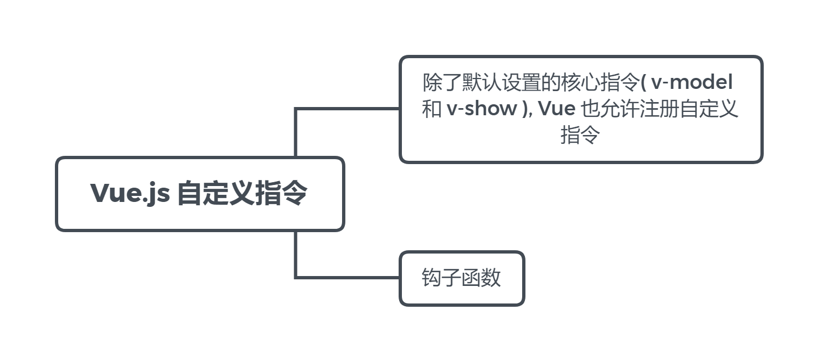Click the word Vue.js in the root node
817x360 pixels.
tap(130, 193)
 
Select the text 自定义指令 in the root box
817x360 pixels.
tap(242, 193)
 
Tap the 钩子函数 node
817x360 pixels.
tap(461, 278)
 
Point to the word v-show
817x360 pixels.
tap(482, 109)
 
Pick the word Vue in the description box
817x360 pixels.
tap(556, 109)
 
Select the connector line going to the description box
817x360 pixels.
tap(346, 109)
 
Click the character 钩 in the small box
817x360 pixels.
tap(432, 278)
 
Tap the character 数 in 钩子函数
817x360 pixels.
tap(491, 278)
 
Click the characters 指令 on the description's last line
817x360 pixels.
tap(580, 135)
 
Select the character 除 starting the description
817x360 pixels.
tap(432, 83)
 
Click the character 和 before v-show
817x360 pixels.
tap(432, 109)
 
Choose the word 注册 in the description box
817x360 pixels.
tap(659, 109)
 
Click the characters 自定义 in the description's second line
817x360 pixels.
tap(709, 109)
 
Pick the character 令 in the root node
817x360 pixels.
tap(294, 193)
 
